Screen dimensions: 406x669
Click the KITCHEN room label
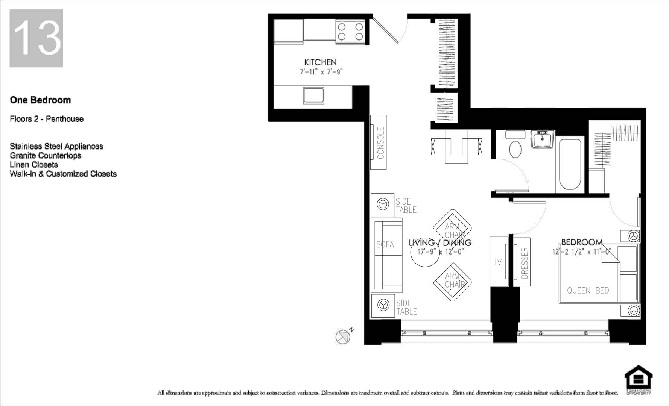point(320,62)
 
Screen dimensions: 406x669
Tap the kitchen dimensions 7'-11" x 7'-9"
point(321,71)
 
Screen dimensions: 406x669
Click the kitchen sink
point(313,95)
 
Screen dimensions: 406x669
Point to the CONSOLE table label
point(380,143)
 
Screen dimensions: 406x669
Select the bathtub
point(571,165)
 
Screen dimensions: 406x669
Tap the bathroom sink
point(542,139)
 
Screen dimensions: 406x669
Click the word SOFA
point(385,245)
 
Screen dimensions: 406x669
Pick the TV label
point(497,262)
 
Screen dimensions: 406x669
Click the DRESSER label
point(525,263)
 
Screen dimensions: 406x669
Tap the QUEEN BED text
point(588,290)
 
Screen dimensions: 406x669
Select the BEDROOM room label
point(582,242)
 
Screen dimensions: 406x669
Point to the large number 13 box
point(36,38)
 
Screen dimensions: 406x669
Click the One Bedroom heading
point(40,100)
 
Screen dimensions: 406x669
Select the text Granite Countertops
point(46,156)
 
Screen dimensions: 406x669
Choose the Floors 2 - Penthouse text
point(47,119)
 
